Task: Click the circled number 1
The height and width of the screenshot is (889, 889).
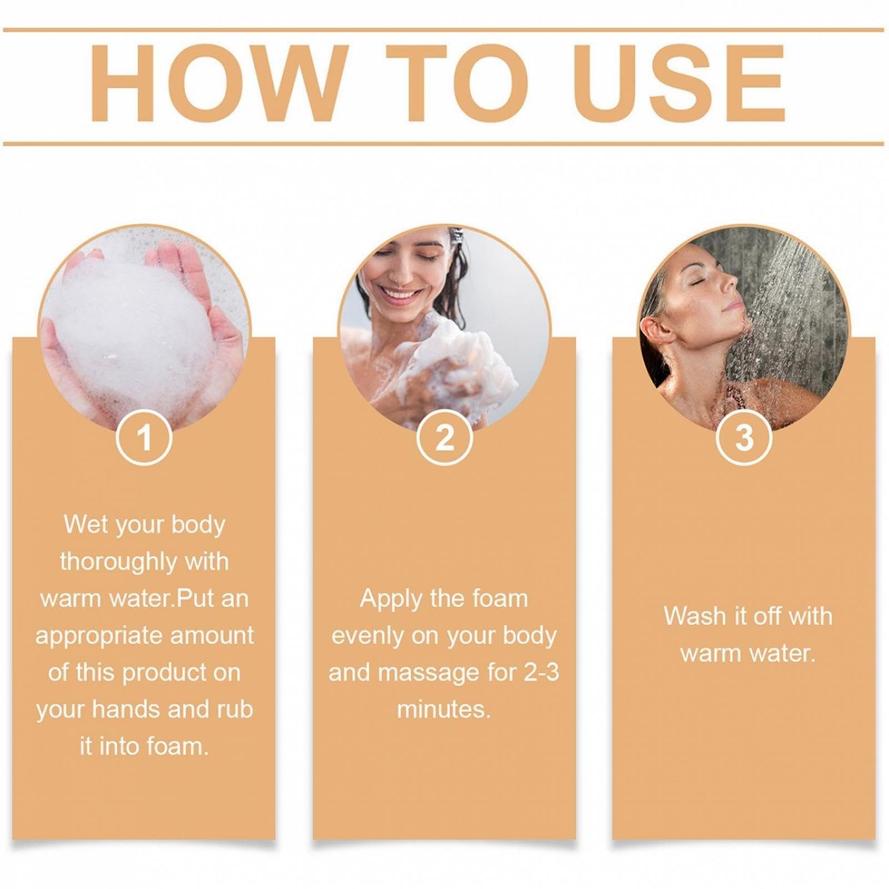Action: click(x=144, y=438)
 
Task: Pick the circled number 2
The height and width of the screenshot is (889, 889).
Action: click(x=444, y=438)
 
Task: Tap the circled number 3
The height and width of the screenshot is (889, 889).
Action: click(x=744, y=438)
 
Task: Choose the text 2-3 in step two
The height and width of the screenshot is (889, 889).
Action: click(x=541, y=673)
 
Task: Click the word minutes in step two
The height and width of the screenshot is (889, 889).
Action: click(x=443, y=710)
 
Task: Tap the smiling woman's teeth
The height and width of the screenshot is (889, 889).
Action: click(x=400, y=293)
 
